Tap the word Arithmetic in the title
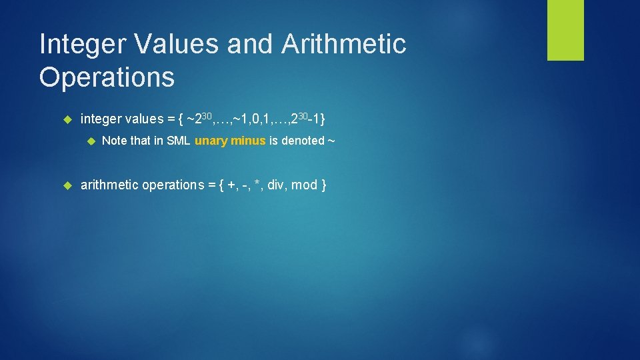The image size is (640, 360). [x=344, y=45]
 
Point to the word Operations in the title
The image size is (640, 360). [x=107, y=78]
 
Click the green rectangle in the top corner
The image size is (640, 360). [x=565, y=30]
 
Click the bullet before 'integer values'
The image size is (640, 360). [x=66, y=119]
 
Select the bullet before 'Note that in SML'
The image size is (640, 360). [x=91, y=141]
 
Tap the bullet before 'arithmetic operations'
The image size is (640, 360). [x=66, y=185]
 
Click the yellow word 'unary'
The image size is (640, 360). [x=211, y=141]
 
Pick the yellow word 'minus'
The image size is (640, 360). [x=248, y=141]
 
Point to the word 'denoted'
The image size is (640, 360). [x=303, y=141]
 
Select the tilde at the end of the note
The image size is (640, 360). [x=330, y=141]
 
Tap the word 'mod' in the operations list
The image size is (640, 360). [x=304, y=185]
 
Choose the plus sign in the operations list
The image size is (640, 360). [x=231, y=185]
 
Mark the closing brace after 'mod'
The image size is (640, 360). [x=324, y=185]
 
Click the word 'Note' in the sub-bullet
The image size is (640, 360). [x=114, y=141]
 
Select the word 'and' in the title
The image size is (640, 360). [x=251, y=45]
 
